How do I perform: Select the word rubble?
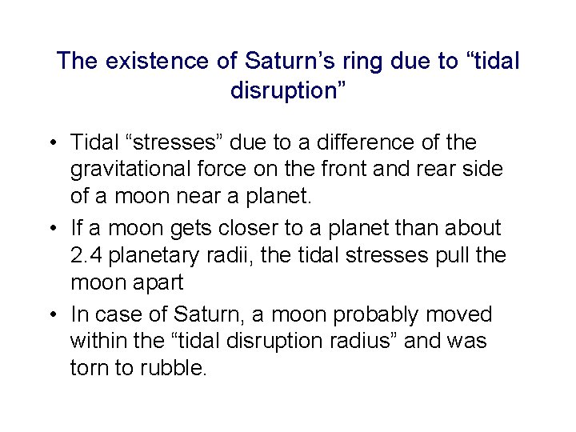pyautogui.click(x=177, y=368)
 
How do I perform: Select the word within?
pyautogui.click(x=98, y=341)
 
